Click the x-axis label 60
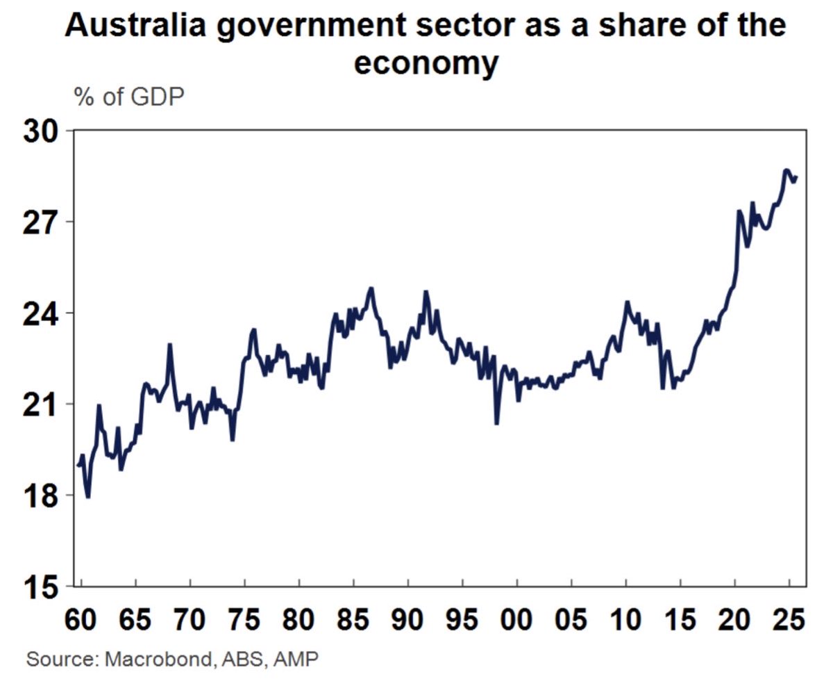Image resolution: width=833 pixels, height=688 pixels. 81,619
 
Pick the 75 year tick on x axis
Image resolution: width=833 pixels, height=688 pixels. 244,619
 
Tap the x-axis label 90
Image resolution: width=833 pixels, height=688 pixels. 408,619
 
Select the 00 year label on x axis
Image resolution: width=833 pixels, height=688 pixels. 517,619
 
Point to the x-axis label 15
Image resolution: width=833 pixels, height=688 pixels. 680,619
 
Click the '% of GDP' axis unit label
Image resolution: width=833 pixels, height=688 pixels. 129,97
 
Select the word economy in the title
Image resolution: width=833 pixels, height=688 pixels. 426,64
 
